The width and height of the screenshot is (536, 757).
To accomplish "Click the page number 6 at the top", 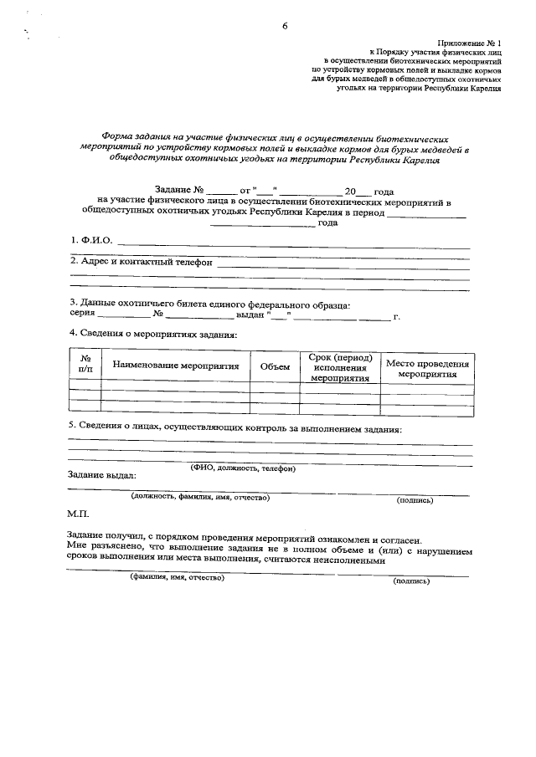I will [285, 26].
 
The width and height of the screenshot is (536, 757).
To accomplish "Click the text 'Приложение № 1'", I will [469, 43].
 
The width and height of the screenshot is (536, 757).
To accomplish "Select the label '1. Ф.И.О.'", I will [90, 242].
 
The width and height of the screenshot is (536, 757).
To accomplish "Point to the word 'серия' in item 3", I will [81, 315].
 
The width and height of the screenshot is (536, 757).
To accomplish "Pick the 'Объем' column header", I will [275, 366].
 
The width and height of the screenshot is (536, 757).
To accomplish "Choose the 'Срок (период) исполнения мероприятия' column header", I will [340, 366].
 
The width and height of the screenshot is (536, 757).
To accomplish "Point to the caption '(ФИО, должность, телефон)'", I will [243, 468].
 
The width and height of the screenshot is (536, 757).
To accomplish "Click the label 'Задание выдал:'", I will [100, 475].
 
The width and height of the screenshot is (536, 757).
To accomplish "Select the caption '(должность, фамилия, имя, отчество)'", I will [198, 498].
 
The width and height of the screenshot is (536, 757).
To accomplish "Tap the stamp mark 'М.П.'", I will [77, 512].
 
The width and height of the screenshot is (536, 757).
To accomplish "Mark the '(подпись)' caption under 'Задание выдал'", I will [414, 500].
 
